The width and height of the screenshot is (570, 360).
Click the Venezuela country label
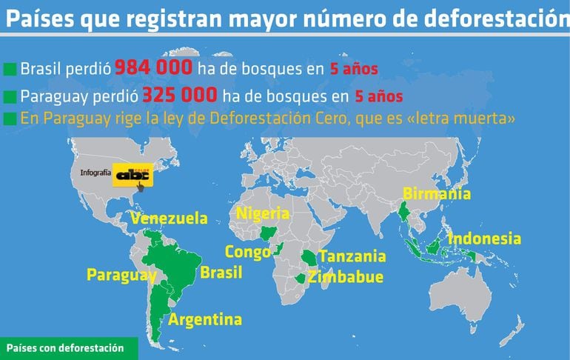point(168,219)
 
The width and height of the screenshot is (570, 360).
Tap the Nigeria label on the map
point(263,214)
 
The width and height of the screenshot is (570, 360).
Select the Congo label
point(247,252)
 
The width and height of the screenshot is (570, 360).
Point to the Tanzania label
point(352,256)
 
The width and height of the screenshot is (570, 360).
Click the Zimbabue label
point(346,278)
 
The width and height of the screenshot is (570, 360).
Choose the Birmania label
point(436,194)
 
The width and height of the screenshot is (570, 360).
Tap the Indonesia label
point(484,239)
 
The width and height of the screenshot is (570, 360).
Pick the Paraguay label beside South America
point(121,275)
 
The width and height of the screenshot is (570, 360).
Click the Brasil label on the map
point(221,273)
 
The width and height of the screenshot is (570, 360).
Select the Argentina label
point(205,320)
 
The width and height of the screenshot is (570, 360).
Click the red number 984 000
point(153,69)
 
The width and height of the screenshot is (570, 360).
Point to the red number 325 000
point(180,96)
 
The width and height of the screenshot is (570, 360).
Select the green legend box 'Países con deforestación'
point(68,348)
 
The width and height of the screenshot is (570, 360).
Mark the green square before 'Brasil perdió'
point(10,70)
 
